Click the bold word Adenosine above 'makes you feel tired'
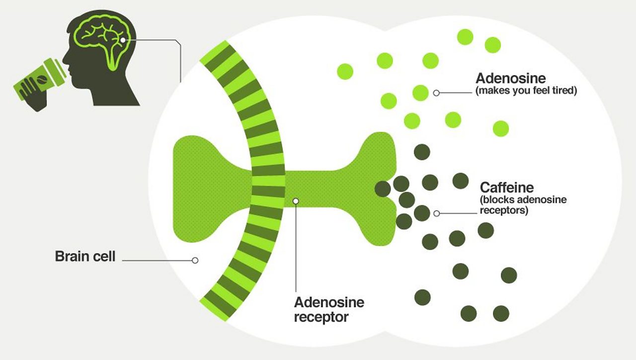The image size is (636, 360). click(510, 79)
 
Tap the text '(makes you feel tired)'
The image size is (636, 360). click(526, 90)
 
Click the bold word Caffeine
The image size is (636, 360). click(507, 187)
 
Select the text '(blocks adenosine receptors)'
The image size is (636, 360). click(523, 205)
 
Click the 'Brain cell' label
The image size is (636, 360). click(85, 256)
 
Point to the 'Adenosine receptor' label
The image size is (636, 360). click(329, 310)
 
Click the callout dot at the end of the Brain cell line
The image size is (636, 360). click(195, 260)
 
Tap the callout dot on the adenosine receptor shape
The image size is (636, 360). click(296, 201)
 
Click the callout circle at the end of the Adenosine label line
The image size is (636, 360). click(436, 93)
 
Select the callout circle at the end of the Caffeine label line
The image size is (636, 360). click(437, 213)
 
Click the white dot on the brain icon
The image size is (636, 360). click(123, 40)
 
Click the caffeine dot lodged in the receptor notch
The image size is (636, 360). click(383, 189)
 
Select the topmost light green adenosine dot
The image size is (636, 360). click(465, 37)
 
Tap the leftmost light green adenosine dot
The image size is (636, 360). click(345, 71)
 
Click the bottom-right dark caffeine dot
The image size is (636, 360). click(501, 313)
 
